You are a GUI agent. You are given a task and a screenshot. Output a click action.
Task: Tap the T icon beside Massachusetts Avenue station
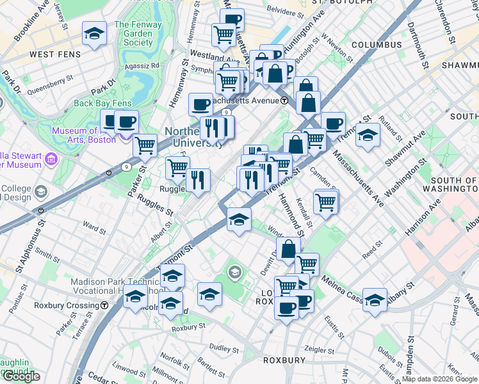coord(284,100)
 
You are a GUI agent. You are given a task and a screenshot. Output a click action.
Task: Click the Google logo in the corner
coord(21,376)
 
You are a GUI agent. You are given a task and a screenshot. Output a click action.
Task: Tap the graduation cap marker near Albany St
coord(375,299)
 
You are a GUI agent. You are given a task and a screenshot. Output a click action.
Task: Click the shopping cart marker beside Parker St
coord(145,145)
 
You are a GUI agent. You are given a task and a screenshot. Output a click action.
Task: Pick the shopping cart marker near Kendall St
coord(326,202)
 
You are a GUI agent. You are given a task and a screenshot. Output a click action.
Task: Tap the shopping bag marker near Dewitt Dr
coord(288,248)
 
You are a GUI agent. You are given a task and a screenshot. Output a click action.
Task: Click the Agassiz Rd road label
coord(146,65)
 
